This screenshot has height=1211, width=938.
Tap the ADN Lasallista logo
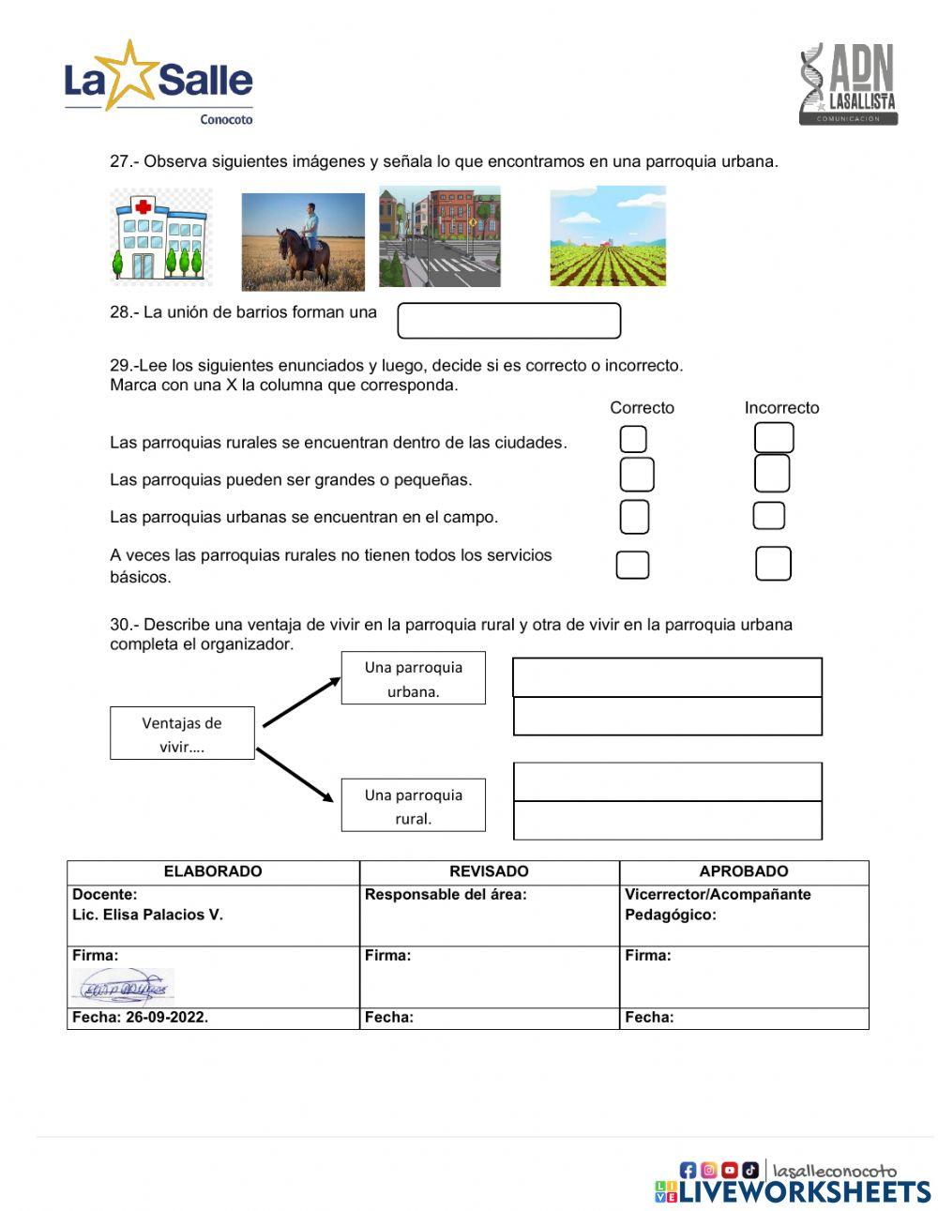click(848, 84)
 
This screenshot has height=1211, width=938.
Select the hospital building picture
click(160, 238)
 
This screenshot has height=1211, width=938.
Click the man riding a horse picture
click(303, 241)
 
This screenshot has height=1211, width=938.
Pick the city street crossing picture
click(439, 236)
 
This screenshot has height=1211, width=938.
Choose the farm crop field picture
click(608, 236)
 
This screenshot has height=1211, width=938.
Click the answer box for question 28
click(508, 321)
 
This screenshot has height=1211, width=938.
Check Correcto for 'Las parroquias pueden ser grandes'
click(637, 475)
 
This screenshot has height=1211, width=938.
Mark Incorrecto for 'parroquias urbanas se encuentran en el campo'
click(769, 516)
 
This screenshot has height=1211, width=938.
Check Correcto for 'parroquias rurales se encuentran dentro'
click(634, 439)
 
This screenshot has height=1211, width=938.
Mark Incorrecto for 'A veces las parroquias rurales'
click(773, 564)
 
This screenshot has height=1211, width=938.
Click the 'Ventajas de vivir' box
click(182, 734)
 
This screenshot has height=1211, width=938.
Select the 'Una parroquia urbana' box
click(413, 678)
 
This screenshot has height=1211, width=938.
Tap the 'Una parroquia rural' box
click(413, 806)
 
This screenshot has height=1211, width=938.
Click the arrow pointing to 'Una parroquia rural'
click(295, 775)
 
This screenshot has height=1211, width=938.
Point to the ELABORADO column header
click(213, 871)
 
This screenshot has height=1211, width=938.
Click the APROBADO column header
click(743, 871)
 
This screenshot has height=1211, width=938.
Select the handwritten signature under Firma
click(123, 987)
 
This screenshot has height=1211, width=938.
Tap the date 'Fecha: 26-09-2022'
click(141, 1018)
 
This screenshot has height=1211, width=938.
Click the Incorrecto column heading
click(781, 408)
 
